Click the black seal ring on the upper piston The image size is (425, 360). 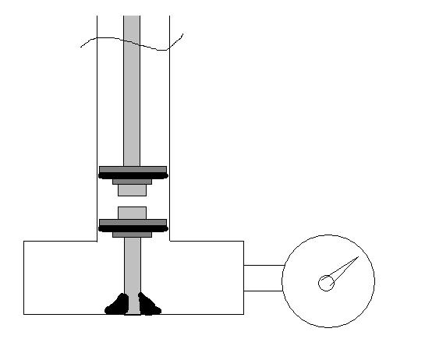pos(133,176)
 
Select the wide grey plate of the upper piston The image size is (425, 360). pos(133,169)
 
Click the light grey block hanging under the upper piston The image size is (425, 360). pos(133,189)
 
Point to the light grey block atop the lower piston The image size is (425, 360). pos(133,212)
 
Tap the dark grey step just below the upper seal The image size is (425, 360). pos(133,182)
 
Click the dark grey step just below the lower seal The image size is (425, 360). pos(133,233)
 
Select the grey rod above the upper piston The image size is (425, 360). pos(132,94)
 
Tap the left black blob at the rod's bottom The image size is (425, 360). pos(118,305)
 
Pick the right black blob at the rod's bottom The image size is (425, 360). pos(147,305)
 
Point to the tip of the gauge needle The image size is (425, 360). pos(358,256)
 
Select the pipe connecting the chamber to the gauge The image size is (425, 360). pos(263,278)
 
